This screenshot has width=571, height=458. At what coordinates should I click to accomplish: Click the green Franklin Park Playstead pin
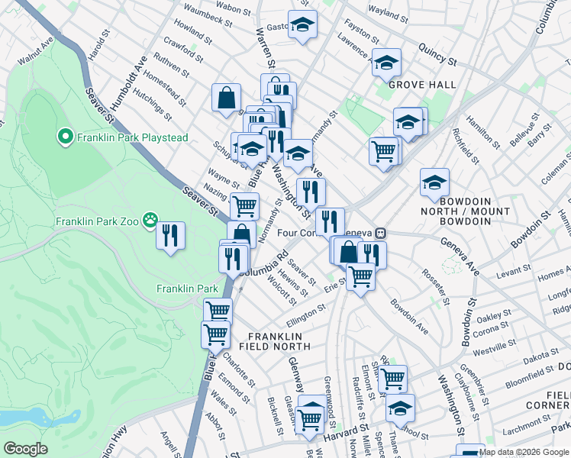point(66,138)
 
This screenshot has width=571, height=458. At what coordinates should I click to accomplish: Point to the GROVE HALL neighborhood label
point(422,85)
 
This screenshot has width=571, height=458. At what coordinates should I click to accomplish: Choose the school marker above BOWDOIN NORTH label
point(434,182)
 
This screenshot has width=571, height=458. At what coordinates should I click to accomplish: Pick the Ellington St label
point(305,313)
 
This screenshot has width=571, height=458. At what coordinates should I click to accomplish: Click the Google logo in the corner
point(25,449)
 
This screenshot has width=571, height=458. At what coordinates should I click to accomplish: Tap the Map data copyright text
point(524,452)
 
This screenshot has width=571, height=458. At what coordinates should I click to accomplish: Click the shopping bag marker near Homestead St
point(227,98)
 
